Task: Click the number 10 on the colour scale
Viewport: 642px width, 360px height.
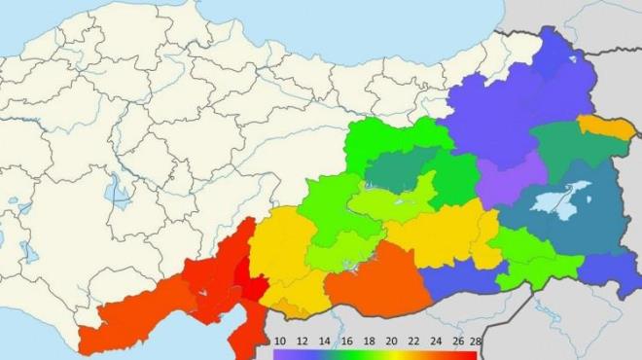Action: (280, 342)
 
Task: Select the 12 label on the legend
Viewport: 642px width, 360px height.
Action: (303, 342)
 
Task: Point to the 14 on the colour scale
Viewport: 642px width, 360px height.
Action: (324, 342)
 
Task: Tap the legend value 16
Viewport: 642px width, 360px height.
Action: (346, 342)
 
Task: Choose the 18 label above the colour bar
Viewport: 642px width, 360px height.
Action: (369, 342)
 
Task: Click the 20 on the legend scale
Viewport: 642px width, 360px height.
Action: (390, 342)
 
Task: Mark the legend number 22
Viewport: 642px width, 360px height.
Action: (412, 342)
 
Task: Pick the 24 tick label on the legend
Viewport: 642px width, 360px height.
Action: (435, 342)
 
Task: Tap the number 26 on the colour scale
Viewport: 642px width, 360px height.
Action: (457, 342)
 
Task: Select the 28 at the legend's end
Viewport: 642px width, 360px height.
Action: (476, 342)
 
